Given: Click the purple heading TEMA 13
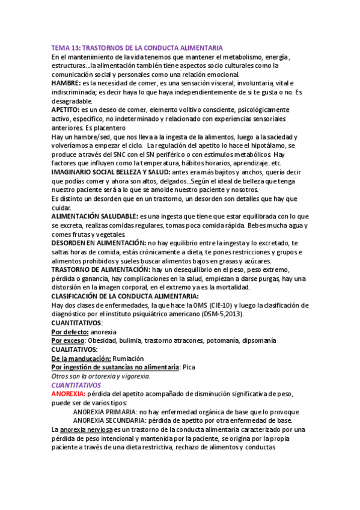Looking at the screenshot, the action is pos(137,48).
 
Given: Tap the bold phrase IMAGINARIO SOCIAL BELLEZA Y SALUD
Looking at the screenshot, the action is pos(111,172).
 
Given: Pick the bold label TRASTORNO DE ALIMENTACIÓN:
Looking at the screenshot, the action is pos(101,270).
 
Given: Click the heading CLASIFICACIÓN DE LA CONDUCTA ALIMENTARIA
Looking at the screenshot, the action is pos(124,296).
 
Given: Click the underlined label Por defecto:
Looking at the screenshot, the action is pos(70,331).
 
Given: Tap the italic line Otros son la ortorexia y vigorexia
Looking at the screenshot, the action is pos(100,376).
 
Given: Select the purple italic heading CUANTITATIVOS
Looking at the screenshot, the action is pos(76,384).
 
